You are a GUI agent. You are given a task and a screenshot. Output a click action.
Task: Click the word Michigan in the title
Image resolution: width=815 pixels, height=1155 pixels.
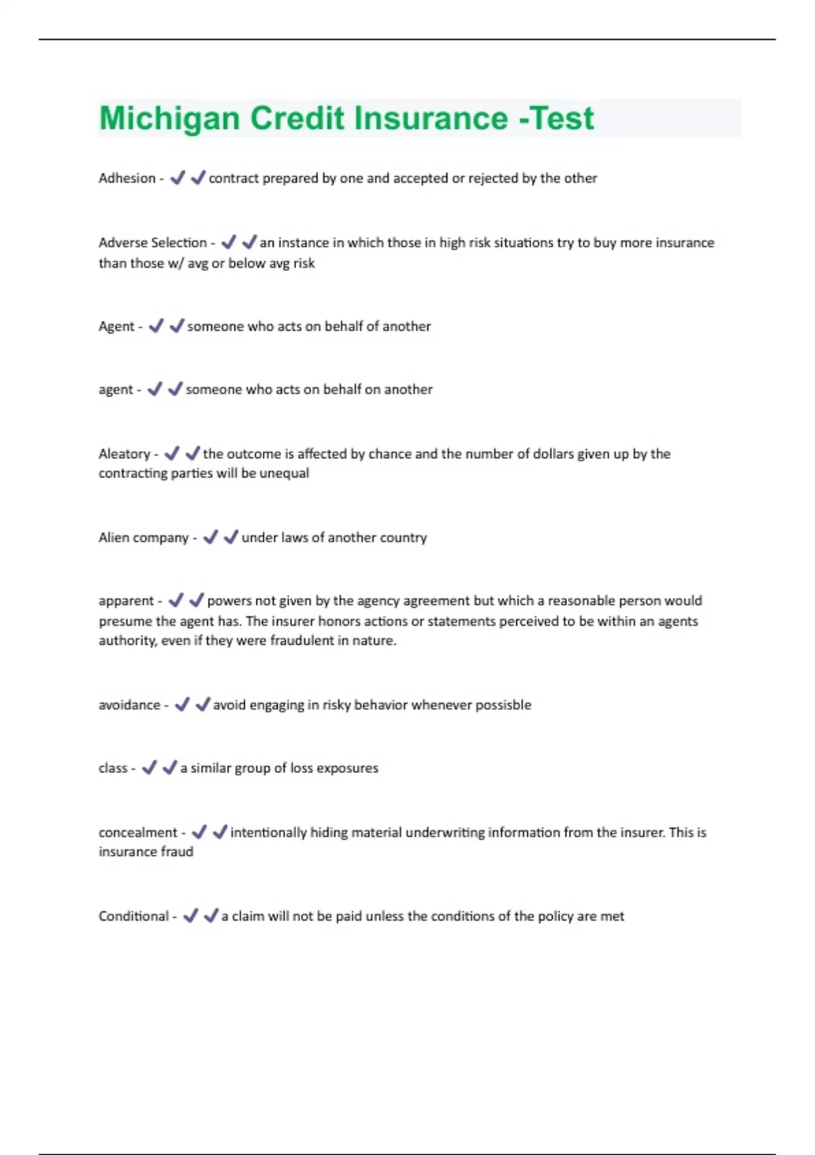[169, 118]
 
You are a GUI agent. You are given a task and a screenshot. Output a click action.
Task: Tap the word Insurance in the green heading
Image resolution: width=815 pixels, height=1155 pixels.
[431, 118]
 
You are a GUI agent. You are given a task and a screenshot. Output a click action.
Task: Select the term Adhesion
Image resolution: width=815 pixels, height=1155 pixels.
[127, 178]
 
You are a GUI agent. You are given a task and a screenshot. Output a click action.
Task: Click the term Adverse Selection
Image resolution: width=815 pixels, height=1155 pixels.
[152, 243]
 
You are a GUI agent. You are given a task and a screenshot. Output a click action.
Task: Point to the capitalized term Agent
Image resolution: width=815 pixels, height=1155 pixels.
[116, 326]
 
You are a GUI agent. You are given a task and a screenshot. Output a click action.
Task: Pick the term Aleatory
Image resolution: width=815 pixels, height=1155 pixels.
[124, 454]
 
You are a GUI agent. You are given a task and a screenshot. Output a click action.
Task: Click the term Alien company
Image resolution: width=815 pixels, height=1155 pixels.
[143, 537]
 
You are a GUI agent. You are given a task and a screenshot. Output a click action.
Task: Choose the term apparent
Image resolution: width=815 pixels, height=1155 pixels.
[126, 601]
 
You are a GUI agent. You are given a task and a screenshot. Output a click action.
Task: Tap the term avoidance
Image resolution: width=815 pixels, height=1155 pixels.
[129, 705]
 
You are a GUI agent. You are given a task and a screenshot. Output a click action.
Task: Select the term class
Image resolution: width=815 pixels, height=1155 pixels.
[113, 768]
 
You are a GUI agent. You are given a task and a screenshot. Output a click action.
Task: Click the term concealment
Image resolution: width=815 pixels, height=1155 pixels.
[137, 832]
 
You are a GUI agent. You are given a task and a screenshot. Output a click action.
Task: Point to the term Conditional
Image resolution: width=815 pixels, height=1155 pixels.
[133, 916]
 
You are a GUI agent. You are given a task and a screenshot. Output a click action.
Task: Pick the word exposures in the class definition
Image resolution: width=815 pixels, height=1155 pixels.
[348, 768]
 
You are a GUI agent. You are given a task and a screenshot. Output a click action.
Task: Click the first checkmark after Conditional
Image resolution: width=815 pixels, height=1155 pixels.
[191, 916]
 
